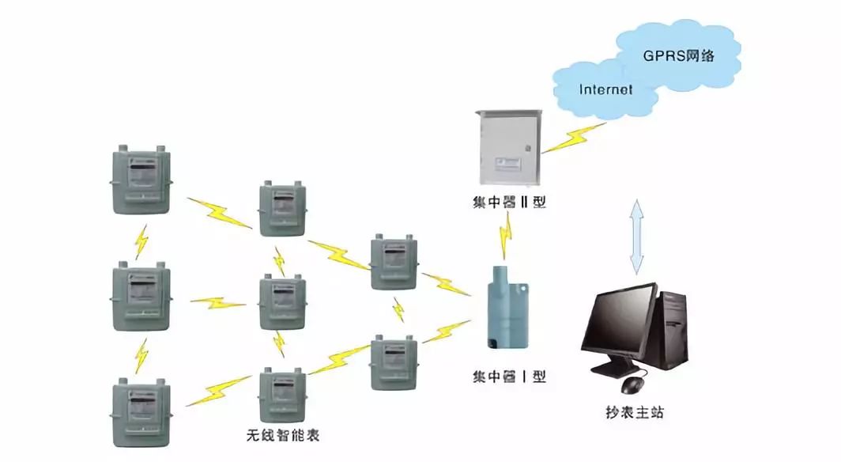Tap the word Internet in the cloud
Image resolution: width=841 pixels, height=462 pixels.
[x=605, y=89]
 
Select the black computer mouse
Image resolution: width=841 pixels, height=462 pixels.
[x=632, y=385]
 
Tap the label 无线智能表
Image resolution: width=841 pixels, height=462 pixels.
[x=283, y=435]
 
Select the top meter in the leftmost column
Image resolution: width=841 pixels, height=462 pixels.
[x=139, y=180]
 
